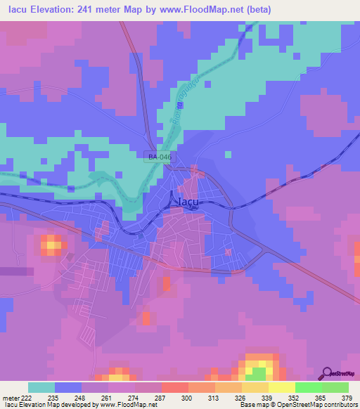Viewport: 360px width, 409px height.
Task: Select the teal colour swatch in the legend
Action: [41, 387]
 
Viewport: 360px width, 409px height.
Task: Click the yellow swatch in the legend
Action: [281, 387]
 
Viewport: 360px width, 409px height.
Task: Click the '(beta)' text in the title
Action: [257, 10]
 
